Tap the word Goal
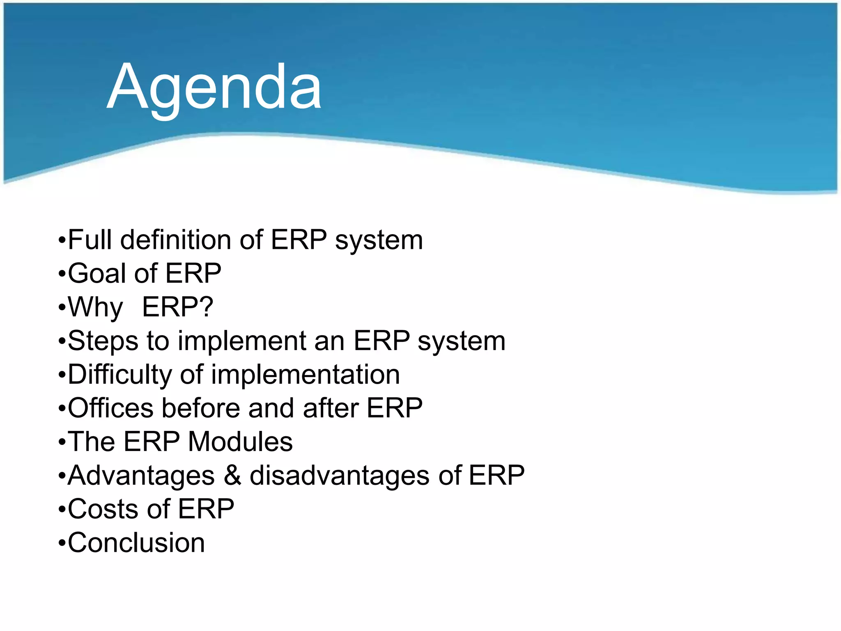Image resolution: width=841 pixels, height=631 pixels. coord(97,273)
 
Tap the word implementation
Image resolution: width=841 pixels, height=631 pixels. coord(305,375)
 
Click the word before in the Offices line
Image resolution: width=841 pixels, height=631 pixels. coord(201,408)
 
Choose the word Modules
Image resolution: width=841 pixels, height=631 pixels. coord(240,442)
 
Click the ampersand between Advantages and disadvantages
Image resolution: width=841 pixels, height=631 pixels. coord(232,476)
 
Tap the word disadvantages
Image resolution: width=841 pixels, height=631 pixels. coord(340,476)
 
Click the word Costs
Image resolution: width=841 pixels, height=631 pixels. coord(103,509)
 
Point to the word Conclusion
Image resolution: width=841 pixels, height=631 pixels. coord(136,543)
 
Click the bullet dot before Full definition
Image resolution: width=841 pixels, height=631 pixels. coord(62,241)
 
